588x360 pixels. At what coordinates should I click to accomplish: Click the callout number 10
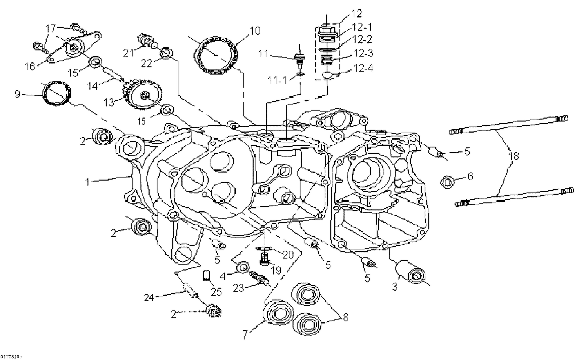point(254,31)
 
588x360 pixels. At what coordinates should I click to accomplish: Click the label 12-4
point(363,68)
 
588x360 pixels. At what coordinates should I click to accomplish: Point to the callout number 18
point(514,156)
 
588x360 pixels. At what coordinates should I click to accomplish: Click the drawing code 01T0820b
point(11,356)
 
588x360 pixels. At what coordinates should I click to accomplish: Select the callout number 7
point(245,335)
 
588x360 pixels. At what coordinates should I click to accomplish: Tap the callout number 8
point(345,317)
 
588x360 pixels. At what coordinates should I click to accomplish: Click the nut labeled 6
point(447,182)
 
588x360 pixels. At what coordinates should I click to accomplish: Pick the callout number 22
point(146,63)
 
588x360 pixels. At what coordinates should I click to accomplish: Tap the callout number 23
point(239,287)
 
